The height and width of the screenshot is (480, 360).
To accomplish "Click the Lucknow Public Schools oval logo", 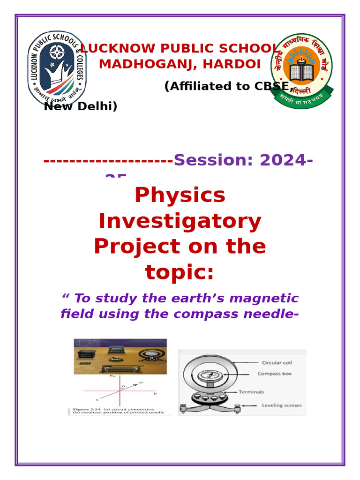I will point(56,69).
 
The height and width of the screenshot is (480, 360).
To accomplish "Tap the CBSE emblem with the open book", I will point(301,70).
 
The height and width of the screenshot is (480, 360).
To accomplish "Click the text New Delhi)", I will point(81,106).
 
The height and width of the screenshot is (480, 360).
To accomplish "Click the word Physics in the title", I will point(180,195).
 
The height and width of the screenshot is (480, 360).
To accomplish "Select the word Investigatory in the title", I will point(180,221).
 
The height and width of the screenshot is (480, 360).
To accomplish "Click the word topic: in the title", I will point(180,272).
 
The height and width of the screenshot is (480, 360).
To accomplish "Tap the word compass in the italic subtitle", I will point(209,314).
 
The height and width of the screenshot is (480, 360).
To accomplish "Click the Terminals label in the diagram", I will point(251,392).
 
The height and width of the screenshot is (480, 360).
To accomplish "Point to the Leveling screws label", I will point(281,405).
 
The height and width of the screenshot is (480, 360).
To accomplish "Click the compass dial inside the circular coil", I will point(206,376).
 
